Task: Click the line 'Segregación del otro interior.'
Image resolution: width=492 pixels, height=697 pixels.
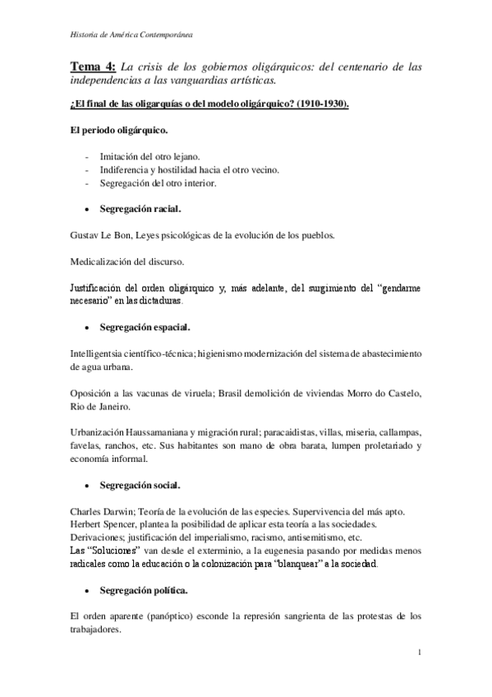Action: pos(158,183)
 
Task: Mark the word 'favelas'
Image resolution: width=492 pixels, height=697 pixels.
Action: pos(85,446)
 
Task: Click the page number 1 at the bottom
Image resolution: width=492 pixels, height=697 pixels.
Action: pos(419,653)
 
